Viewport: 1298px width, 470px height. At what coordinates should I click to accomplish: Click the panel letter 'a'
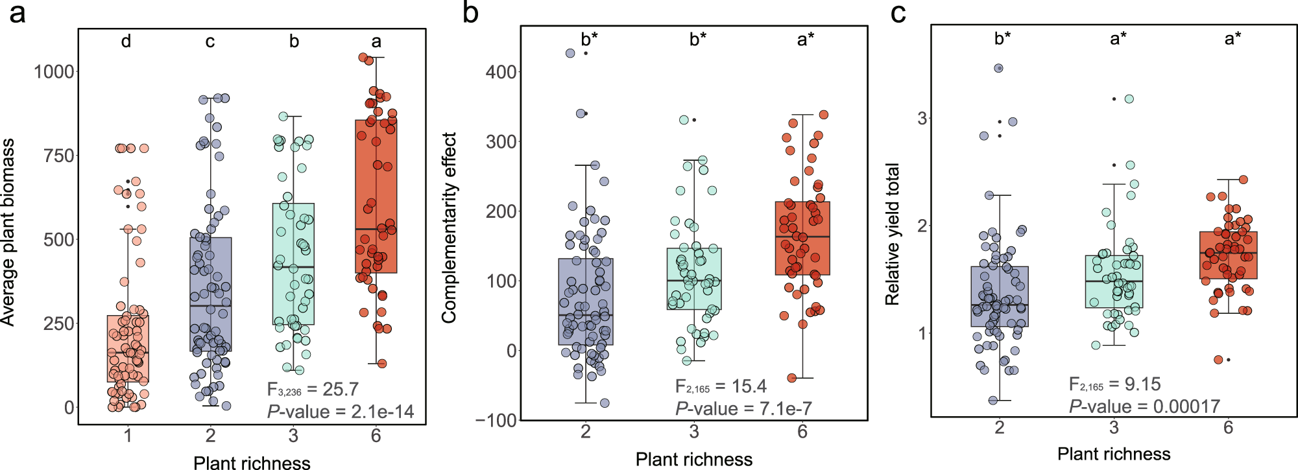[x=18, y=13]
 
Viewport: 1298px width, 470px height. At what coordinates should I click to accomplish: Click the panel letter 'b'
[x=471, y=13]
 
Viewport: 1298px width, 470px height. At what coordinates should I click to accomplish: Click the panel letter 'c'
[x=898, y=13]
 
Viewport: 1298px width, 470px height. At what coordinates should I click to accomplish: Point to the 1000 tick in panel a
[x=54, y=71]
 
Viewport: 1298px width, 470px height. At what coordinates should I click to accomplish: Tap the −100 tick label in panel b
[x=497, y=420]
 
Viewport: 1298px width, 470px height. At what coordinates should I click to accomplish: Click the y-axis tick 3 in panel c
[x=922, y=119]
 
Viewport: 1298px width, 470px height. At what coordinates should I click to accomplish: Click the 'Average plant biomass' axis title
[x=8, y=231]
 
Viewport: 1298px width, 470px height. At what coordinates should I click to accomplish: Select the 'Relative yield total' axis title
[x=893, y=234]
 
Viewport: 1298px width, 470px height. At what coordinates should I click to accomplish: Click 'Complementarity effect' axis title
[x=449, y=228]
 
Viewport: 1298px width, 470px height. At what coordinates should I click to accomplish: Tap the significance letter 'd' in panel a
[x=126, y=41]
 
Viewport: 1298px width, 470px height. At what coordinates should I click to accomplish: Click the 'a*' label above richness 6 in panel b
[x=806, y=40]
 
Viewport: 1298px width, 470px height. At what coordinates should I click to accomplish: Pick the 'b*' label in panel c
[x=1002, y=38]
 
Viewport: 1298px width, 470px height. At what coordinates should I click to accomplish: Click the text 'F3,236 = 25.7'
[x=313, y=389]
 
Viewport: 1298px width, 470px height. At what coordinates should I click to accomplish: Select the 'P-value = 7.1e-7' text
[x=743, y=408]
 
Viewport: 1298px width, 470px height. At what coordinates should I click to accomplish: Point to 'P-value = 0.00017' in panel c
[x=1144, y=406]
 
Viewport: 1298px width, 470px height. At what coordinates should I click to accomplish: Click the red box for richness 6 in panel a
[x=376, y=194]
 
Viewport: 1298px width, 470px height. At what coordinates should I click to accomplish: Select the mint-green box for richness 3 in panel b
[x=694, y=279]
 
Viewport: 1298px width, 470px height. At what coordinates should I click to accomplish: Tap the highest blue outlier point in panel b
[x=570, y=53]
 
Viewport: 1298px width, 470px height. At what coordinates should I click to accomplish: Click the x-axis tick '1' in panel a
[x=128, y=436]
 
